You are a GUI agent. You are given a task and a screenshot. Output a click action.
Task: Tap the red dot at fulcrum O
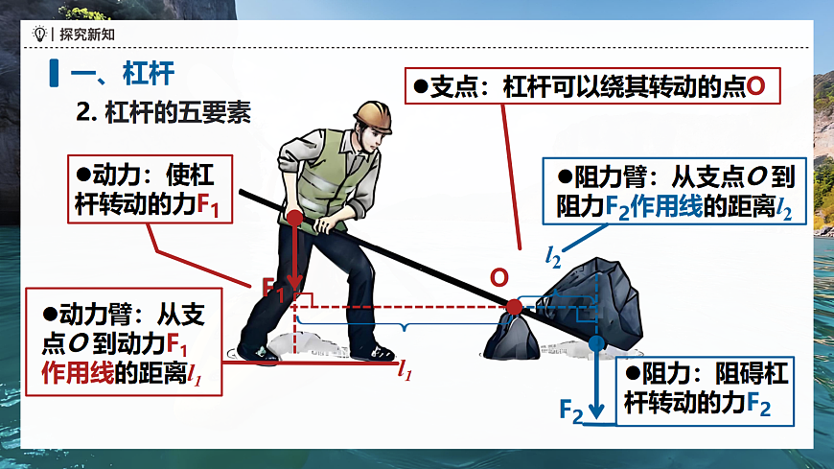[514, 307]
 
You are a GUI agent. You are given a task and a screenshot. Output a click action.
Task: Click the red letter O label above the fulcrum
[499, 277]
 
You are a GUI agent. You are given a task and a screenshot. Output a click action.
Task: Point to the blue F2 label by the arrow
[571, 410]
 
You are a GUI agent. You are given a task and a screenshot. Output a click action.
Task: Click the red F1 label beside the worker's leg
[273, 289]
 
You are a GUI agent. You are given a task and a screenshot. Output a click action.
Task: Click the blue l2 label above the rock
[554, 255]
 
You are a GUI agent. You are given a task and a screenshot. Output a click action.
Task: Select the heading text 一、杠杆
[125, 73]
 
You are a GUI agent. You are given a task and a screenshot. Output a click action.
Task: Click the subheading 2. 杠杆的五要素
[163, 111]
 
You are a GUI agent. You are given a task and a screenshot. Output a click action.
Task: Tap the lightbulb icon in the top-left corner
[39, 34]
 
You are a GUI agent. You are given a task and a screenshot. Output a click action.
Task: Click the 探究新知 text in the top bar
[81, 34]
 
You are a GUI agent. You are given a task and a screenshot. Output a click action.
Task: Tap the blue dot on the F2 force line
[596, 341]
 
